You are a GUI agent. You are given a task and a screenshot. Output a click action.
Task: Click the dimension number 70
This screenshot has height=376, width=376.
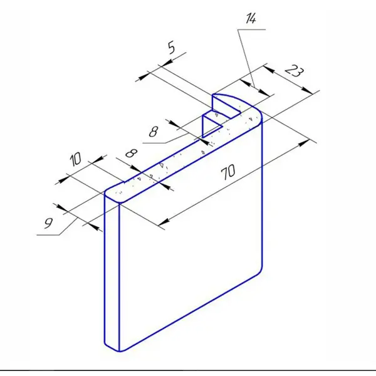(x=228, y=172)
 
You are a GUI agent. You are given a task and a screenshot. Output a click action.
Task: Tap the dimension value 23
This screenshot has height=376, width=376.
(x=295, y=71)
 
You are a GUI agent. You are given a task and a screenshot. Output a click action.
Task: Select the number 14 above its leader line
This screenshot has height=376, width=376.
(x=251, y=18)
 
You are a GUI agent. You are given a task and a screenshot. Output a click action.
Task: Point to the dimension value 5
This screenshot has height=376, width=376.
(x=171, y=48)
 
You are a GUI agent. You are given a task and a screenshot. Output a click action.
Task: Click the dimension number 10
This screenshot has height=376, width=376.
(x=76, y=159)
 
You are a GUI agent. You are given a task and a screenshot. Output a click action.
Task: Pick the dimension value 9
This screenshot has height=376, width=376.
(x=48, y=223)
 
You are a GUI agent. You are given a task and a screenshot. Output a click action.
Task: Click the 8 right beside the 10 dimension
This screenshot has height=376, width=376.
(x=132, y=153)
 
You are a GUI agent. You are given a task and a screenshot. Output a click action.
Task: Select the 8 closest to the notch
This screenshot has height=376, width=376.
(x=154, y=132)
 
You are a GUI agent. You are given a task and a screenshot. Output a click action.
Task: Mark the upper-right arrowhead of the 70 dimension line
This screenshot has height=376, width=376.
(x=304, y=143)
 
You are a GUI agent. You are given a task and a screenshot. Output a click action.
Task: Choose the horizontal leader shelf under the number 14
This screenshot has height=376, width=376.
(x=251, y=29)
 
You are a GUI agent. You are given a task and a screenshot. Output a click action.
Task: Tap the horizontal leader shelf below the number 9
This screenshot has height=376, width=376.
(x=48, y=235)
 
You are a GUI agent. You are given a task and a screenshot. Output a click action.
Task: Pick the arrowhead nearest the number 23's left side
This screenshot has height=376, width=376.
(x=269, y=70)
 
